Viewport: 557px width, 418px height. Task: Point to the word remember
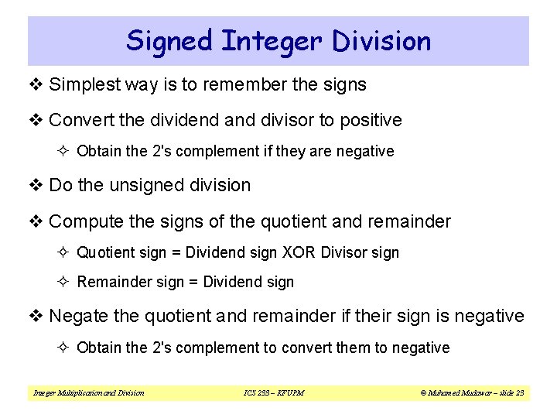pos(244,84)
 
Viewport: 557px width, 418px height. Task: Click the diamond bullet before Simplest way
pos(36,84)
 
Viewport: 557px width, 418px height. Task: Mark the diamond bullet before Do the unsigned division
pos(36,185)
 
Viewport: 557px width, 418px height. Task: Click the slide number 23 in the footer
pos(518,393)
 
